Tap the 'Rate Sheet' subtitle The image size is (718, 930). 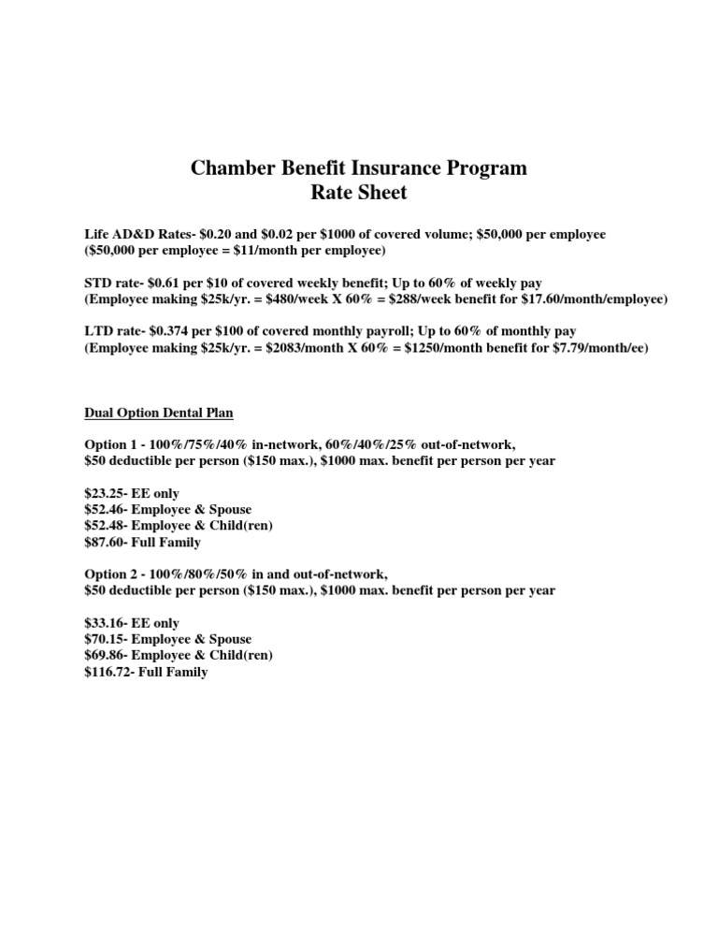tap(359, 194)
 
